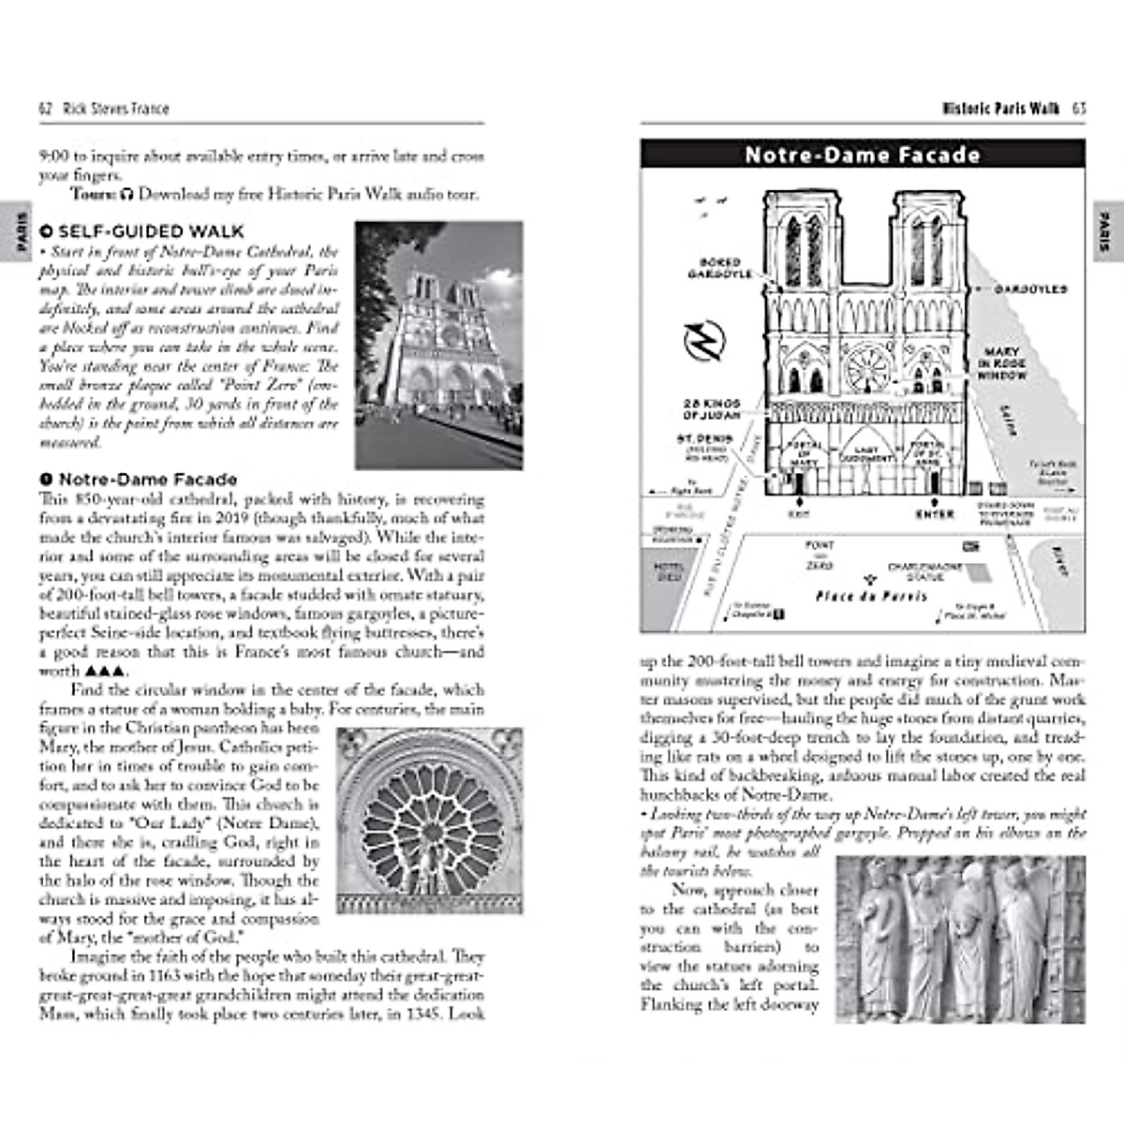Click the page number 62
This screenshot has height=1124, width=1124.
pyautogui.click(x=44, y=109)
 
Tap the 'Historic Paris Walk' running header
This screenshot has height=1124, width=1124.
pyautogui.click(x=1000, y=109)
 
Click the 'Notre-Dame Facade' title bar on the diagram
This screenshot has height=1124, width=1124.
pyautogui.click(x=862, y=155)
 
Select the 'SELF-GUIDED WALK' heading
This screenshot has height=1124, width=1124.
pyautogui.click(x=150, y=231)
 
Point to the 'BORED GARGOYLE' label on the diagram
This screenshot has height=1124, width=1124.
pyautogui.click(x=719, y=268)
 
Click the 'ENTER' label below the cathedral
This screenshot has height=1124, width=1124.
pyautogui.click(x=934, y=514)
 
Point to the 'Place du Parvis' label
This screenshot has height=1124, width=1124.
pyautogui.click(x=871, y=596)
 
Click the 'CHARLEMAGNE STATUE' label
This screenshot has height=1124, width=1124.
pyautogui.click(x=916, y=571)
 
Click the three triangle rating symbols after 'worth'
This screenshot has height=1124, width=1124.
pyautogui.click(x=104, y=672)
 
